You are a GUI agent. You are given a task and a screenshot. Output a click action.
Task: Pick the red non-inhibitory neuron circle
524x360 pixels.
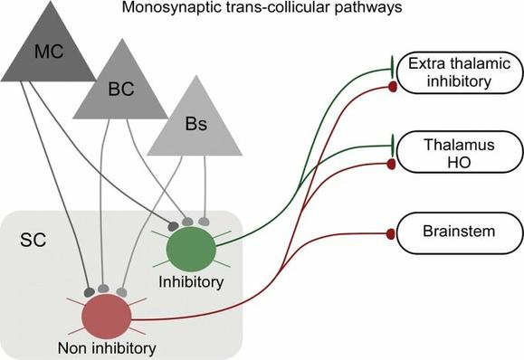click(x=106, y=317)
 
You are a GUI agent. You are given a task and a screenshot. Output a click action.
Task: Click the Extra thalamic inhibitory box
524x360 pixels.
click(x=449, y=74)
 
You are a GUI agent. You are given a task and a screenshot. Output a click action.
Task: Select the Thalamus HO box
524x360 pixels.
click(x=449, y=153)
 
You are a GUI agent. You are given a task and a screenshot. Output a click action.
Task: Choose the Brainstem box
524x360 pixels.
click(x=449, y=232)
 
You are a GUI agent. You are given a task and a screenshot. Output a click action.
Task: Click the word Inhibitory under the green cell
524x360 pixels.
click(x=190, y=281)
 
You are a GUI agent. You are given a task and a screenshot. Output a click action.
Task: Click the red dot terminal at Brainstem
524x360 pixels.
click(x=391, y=234)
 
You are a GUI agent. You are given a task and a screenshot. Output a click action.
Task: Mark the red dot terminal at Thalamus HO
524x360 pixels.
click(x=391, y=165)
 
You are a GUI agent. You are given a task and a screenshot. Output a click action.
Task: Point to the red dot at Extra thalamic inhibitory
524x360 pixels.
click(x=391, y=86)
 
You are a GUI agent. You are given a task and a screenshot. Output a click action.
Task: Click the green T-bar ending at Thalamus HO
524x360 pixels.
click(x=392, y=143)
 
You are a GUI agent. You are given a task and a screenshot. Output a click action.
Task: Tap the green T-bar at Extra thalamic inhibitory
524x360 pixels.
click(x=392, y=62)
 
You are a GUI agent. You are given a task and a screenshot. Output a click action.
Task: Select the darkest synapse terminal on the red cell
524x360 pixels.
click(x=89, y=292)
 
